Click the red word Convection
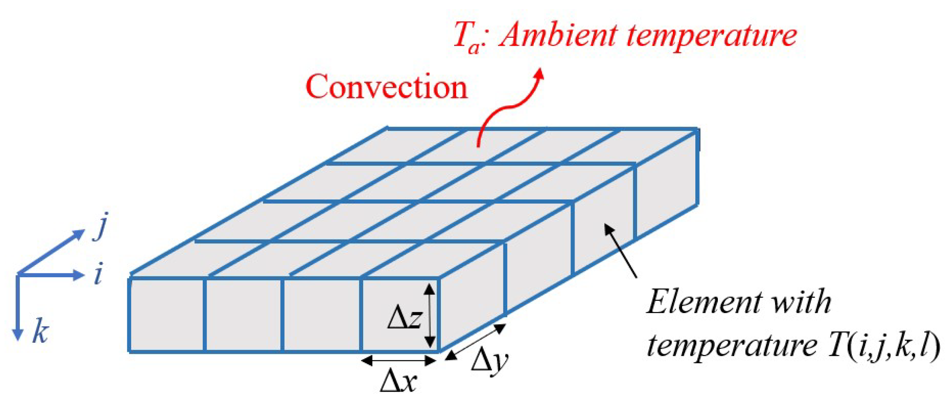click(386, 87)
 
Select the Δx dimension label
click(399, 381)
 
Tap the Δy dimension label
click(490, 361)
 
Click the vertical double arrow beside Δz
click(430, 316)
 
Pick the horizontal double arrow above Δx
click(399, 360)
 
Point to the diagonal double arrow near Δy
click(476, 342)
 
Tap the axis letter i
click(98, 275)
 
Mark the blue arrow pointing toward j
click(51, 252)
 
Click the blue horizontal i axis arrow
click(51, 275)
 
